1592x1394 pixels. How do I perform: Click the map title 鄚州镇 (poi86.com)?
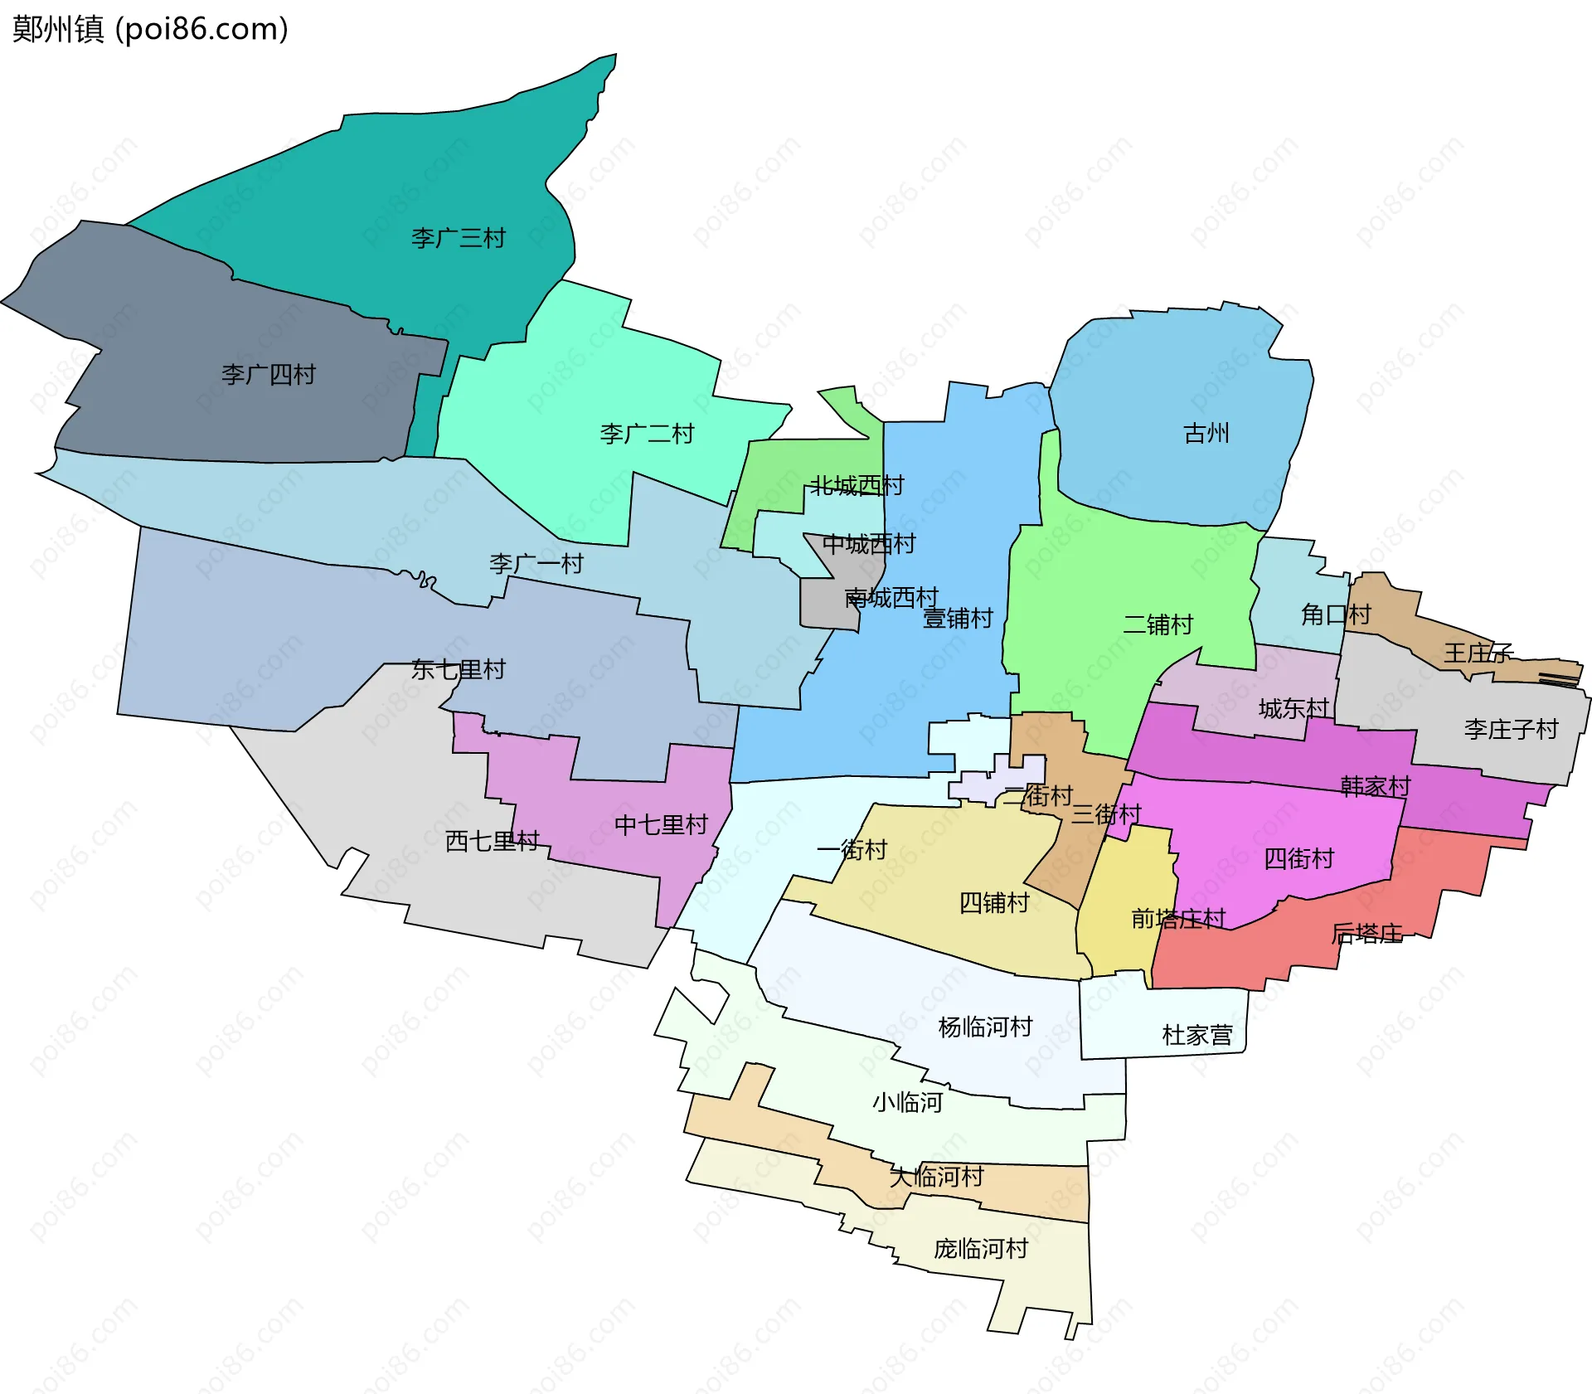[x=150, y=29]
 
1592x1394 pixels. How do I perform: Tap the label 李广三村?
[x=458, y=239]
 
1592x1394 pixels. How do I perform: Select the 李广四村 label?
[x=268, y=375]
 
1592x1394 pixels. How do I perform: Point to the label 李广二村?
[x=647, y=434]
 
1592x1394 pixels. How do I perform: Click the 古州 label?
[x=1206, y=433]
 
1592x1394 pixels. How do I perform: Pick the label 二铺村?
[x=1158, y=624]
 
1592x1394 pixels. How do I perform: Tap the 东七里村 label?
[x=458, y=669]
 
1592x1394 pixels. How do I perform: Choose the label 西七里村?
[x=492, y=841]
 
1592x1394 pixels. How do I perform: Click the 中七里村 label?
[x=661, y=825]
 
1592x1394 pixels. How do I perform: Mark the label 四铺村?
[x=993, y=902]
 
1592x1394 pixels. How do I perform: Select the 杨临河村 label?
[x=985, y=1027]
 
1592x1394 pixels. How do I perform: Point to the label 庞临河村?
[x=981, y=1249]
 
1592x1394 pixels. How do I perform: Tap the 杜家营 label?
[x=1197, y=1035]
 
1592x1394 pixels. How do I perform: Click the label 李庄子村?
[x=1511, y=730]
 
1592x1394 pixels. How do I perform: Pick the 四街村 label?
[x=1298, y=858]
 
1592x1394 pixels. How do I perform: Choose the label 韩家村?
[x=1376, y=785]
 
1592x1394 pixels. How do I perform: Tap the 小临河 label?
[x=907, y=1103]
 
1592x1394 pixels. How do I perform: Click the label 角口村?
[x=1336, y=614]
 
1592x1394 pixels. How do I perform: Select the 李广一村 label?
[x=536, y=564]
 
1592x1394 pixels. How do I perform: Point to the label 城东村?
[x=1293, y=708]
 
